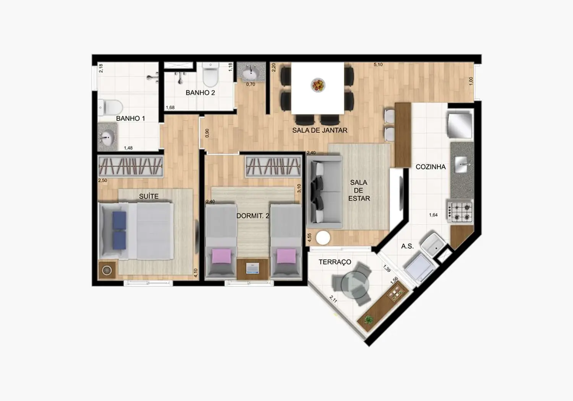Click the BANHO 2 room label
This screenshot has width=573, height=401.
pyautogui.click(x=200, y=93)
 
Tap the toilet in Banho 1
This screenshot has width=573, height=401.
pyautogui.click(x=110, y=107)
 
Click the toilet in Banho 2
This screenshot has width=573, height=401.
pyautogui.click(x=210, y=75)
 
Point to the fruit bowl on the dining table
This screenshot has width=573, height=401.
pyautogui.click(x=318, y=85)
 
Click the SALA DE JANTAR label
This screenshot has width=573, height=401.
pyautogui.click(x=320, y=130)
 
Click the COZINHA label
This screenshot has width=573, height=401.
pyautogui.click(x=431, y=167)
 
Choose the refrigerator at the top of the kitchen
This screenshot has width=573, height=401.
pyautogui.click(x=460, y=125)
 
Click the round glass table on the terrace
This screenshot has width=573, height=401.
pyautogui.click(x=355, y=284)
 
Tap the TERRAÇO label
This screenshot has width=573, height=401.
pyautogui.click(x=335, y=262)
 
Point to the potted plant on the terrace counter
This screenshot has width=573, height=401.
pyautogui.click(x=369, y=319)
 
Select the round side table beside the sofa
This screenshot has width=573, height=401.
pyautogui.click(x=323, y=238)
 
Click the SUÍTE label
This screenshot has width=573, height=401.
pyautogui.click(x=149, y=196)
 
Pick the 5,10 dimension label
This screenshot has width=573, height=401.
pyautogui.click(x=378, y=65)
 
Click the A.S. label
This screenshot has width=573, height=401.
pyautogui.click(x=407, y=246)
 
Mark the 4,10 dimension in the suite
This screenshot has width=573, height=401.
pyautogui.click(x=196, y=273)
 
